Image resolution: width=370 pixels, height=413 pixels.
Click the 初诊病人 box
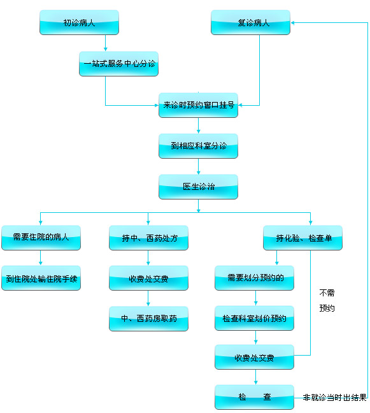coord(79,23)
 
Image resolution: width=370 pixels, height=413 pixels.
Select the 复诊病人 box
coord(250,23)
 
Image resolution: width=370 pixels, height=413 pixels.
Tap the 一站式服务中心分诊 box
coord(119,64)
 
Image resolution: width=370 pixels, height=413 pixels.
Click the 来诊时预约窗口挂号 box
coord(198,105)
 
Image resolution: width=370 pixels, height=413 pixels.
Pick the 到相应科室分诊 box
coord(198,146)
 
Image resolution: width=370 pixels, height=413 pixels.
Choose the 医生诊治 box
coord(198,187)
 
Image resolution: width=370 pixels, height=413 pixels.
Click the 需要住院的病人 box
coord(41,238)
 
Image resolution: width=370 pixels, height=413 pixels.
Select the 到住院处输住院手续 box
coord(41,279)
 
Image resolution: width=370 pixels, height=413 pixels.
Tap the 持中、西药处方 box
coord(148,238)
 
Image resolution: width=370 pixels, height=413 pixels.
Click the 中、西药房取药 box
coord(148,318)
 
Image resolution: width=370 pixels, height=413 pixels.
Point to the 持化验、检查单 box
coord(303,238)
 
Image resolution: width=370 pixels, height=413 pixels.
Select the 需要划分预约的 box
coord(254,278)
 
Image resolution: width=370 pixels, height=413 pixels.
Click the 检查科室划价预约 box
coord(254,318)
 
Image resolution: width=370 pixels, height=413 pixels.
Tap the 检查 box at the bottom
coord(254,397)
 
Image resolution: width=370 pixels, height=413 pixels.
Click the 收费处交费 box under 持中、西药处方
coord(148,279)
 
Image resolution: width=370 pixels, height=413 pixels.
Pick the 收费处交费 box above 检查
coord(254,358)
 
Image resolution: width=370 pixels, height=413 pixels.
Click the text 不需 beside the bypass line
coord(327,293)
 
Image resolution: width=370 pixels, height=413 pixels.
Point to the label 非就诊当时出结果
coord(334,398)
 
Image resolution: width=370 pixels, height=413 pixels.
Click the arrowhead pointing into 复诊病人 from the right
coord(294,22)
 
